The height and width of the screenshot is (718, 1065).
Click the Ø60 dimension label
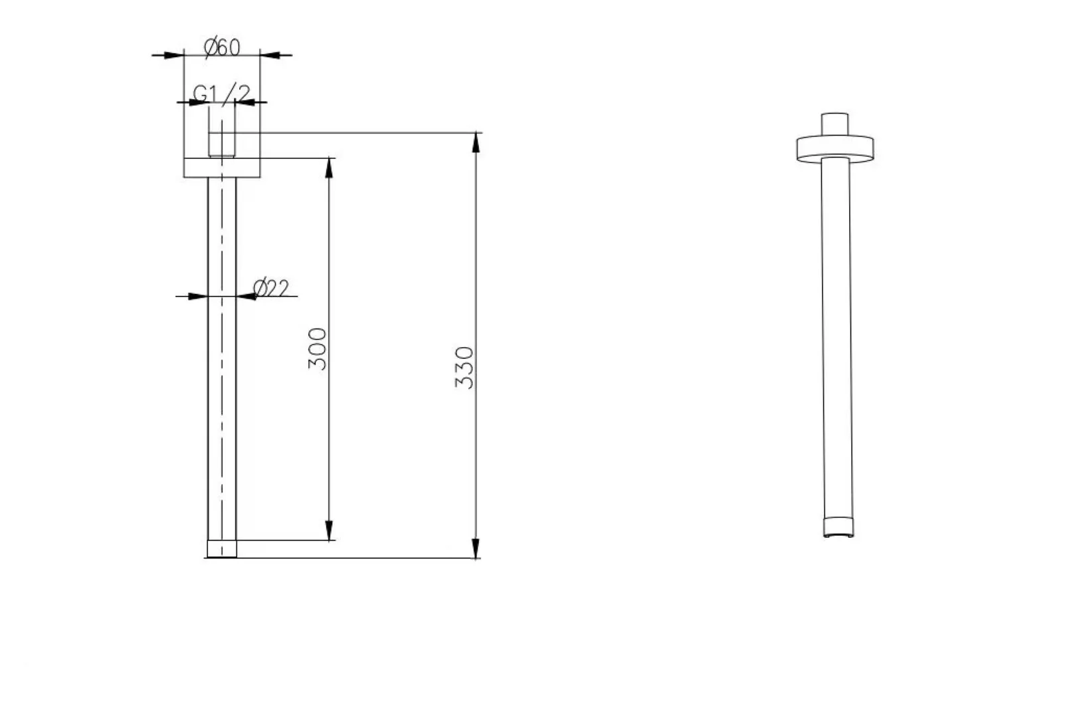(x=222, y=47)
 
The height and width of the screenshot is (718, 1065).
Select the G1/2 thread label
(x=221, y=94)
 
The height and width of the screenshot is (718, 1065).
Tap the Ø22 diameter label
(x=270, y=289)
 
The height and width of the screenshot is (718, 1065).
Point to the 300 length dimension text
(x=318, y=349)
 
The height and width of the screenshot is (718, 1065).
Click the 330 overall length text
(x=464, y=368)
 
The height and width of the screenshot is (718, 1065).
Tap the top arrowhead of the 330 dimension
(x=476, y=142)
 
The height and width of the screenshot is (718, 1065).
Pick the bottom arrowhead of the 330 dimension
(x=476, y=548)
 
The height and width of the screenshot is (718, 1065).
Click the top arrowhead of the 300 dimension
(x=329, y=168)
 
